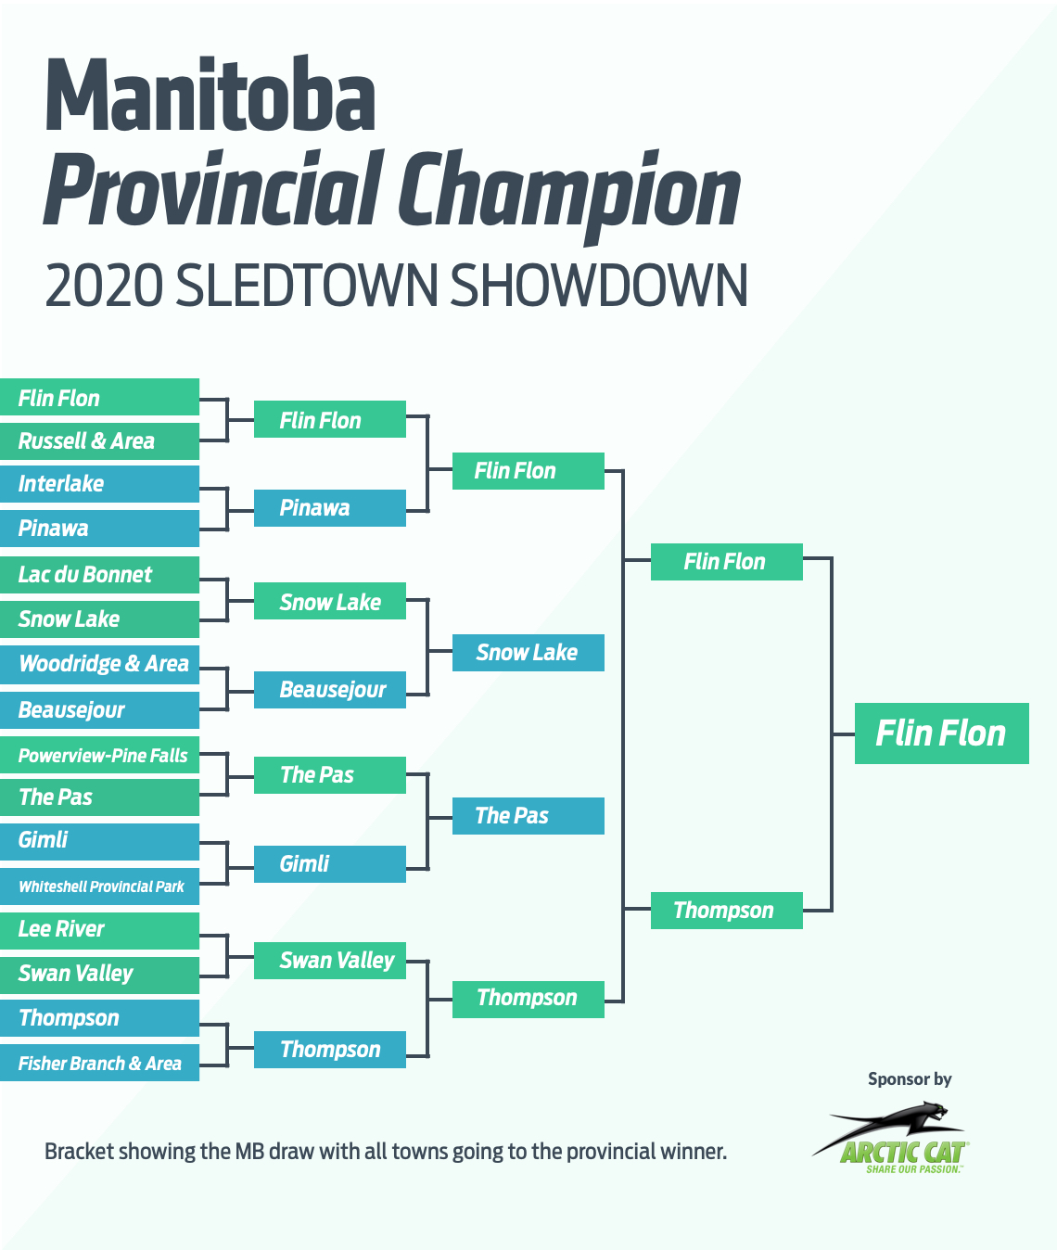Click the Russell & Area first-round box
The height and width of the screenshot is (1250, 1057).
(x=100, y=440)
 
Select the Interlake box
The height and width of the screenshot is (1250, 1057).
(x=100, y=484)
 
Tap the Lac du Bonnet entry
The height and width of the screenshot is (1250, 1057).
(x=100, y=575)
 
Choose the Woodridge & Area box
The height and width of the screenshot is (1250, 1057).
(x=100, y=665)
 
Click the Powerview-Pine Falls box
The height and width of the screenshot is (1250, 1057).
(x=100, y=755)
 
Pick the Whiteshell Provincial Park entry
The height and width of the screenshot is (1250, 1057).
(x=100, y=886)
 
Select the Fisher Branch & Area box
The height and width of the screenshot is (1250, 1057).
(x=100, y=1063)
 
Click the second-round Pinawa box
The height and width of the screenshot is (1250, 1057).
(x=329, y=508)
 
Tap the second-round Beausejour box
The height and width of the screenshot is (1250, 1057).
(x=329, y=689)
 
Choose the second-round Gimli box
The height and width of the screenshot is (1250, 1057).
(x=329, y=864)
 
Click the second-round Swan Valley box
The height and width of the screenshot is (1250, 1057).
(x=329, y=961)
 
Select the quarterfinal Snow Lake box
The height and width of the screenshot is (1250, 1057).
(x=528, y=653)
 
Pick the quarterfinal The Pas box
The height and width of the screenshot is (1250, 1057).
(x=528, y=816)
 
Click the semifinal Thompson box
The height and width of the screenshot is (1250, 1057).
(x=727, y=910)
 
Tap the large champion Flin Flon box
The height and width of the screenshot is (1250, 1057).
(x=941, y=733)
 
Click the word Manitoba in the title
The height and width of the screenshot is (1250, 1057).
(x=210, y=94)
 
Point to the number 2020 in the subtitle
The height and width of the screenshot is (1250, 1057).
(x=104, y=285)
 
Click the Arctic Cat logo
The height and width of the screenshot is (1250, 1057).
(x=891, y=1139)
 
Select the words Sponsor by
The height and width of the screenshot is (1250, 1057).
(x=910, y=1079)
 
